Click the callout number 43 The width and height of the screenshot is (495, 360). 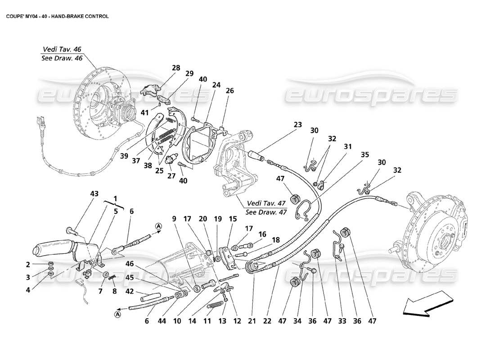pyautogui.click(x=94, y=193)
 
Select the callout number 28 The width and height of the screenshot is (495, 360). pyautogui.click(x=175, y=68)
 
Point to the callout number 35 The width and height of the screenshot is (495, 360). pyautogui.click(x=365, y=154)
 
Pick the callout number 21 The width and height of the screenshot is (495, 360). pyautogui.click(x=252, y=321)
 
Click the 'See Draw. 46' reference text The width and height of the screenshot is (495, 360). pyautogui.click(x=62, y=58)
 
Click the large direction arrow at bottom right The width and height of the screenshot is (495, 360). pyautogui.click(x=427, y=302)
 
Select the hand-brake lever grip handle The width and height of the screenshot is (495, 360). pyautogui.click(x=50, y=249)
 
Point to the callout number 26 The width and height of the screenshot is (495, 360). pyautogui.click(x=230, y=90)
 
